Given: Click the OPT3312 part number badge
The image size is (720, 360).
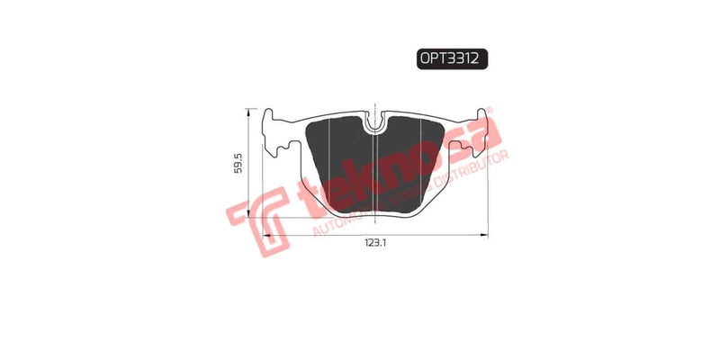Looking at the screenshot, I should (452, 58).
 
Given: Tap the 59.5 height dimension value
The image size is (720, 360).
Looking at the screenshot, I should (238, 166).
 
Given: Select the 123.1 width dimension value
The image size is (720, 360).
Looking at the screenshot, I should (376, 244).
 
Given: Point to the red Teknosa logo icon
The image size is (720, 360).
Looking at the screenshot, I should (255, 225).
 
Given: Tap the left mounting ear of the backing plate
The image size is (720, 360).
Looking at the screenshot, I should (275, 130).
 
